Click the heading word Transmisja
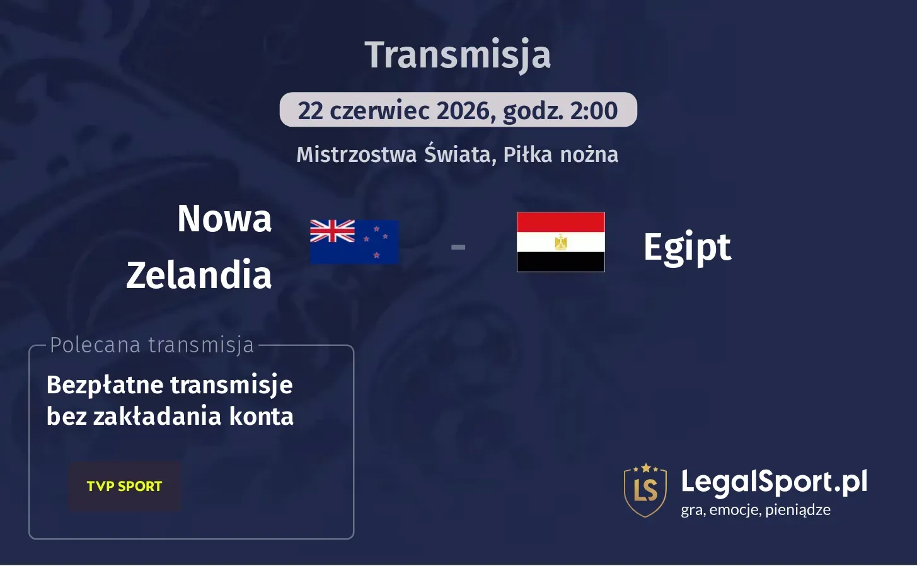[x=458, y=55]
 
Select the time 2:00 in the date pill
[x=594, y=110]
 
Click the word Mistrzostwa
[x=357, y=154]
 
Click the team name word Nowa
[x=224, y=219]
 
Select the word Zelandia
[x=199, y=275]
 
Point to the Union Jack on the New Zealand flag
[x=333, y=231]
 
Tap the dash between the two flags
[x=458, y=247]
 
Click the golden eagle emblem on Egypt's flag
[x=560, y=242]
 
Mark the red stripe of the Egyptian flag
[x=560, y=222]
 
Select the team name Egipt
[x=687, y=247]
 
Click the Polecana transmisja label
[x=152, y=345]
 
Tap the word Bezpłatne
[x=104, y=384]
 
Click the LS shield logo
[x=645, y=490]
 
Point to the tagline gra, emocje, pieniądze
[x=755, y=510]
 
